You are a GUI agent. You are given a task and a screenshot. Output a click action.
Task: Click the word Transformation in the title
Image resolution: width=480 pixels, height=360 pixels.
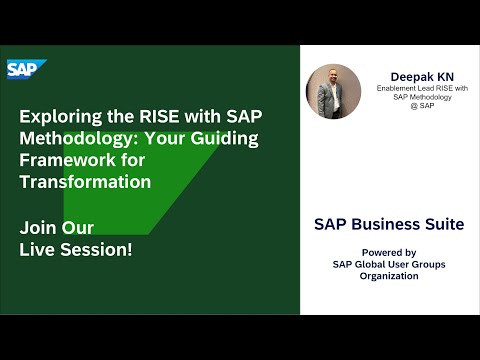[86, 182]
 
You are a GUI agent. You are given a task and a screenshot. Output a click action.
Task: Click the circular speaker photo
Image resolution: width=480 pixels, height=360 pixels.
[333, 92]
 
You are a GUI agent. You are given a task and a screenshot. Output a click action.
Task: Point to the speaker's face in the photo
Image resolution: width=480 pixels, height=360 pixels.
[332, 78]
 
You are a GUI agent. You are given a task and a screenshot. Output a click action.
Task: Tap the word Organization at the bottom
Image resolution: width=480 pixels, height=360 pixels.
[389, 275]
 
